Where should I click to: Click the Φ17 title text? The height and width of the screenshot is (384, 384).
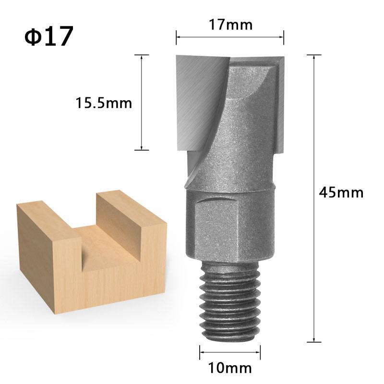(49, 37)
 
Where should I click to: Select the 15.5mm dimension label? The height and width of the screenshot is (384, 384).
(104, 103)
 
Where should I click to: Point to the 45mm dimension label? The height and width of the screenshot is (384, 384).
(341, 192)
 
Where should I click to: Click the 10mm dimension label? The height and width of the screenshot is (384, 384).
(230, 368)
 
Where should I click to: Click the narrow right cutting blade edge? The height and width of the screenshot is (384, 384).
(280, 106)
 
